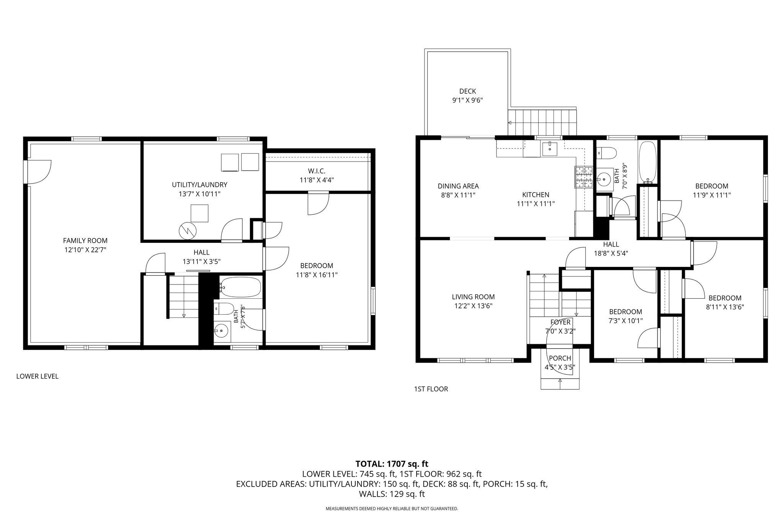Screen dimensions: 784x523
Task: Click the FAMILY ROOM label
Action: pos(85,241)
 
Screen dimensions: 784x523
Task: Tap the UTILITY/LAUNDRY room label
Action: pos(199,185)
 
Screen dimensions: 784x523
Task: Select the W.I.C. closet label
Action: pos(316,171)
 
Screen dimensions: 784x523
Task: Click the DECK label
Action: pos(467,91)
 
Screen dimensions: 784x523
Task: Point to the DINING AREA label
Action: pos(458,186)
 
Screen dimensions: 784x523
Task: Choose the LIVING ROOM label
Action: pos(473,297)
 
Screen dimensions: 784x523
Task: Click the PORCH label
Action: pos(560,358)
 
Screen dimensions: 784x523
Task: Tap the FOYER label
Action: pos(560,322)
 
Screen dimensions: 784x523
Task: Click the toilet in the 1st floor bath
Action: pos(606,154)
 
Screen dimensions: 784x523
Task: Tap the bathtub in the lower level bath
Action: pos(241,287)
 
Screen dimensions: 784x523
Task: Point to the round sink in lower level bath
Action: pos(221,330)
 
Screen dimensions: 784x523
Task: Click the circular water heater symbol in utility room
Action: pos(187,230)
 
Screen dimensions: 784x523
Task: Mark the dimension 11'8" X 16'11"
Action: pos(317,275)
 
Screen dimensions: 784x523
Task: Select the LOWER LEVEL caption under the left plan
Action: pos(38,376)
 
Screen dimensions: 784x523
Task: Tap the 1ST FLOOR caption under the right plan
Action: pos(431,389)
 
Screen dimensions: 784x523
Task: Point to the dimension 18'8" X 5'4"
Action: pos(611,253)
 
